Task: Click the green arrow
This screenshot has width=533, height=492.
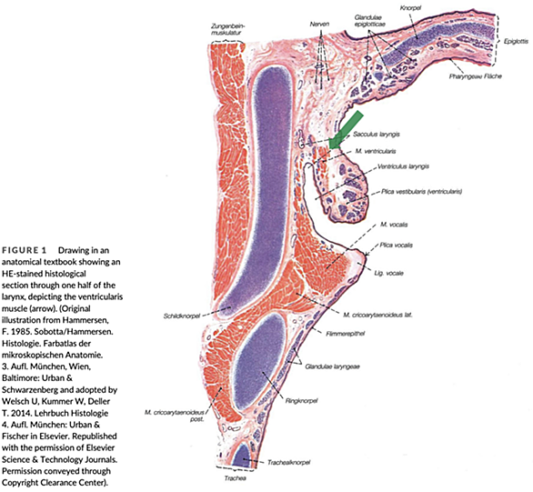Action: pyautogui.click(x=346, y=130)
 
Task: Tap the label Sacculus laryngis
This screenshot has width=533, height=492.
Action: pyautogui.click(x=377, y=135)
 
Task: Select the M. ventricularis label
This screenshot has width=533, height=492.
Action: pyautogui.click(x=376, y=151)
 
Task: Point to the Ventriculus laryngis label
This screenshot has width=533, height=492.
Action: pyautogui.click(x=403, y=166)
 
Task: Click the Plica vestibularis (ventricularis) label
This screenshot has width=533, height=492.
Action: pyautogui.click(x=421, y=192)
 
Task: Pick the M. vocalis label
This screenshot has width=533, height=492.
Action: pyautogui.click(x=394, y=225)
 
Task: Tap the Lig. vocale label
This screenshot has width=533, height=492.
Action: pyautogui.click(x=389, y=273)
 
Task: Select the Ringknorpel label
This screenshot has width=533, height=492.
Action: pyautogui.click(x=301, y=401)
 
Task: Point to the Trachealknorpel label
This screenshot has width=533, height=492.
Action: pyautogui.click(x=288, y=462)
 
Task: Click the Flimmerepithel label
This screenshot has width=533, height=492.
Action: pyautogui.click(x=346, y=334)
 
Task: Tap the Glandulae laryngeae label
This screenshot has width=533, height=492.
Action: pyautogui.click(x=333, y=366)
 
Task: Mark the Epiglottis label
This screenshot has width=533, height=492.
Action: pyautogui.click(x=516, y=42)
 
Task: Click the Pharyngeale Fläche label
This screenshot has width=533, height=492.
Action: pyautogui.click(x=475, y=76)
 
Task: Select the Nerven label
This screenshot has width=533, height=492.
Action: pyautogui.click(x=319, y=25)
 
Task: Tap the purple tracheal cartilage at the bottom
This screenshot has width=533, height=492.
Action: pyautogui.click(x=242, y=455)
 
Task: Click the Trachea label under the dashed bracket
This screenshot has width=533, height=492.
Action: pyautogui.click(x=235, y=478)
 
